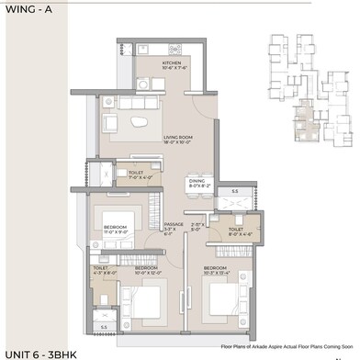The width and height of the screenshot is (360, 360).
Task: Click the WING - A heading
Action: (x=27, y=11)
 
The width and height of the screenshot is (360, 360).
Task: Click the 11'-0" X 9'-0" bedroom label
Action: (x=116, y=229)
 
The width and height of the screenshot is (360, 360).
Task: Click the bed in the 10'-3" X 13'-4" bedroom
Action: (x=223, y=298)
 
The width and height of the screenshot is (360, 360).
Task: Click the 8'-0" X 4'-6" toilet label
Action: (x=236, y=231)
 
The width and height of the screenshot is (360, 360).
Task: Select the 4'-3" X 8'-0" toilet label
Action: (x=103, y=270)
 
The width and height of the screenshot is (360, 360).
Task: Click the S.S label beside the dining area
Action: (x=234, y=191)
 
